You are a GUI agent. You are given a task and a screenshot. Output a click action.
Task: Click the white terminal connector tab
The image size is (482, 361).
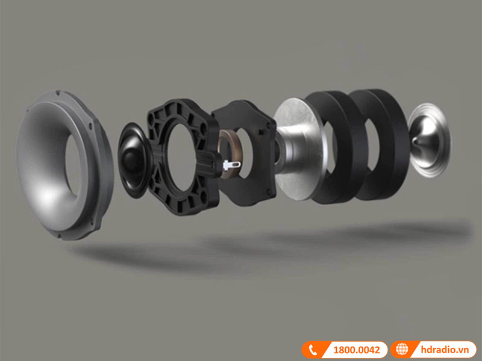tap(231, 165)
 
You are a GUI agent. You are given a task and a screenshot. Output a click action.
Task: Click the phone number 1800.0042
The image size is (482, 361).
tap(357, 350)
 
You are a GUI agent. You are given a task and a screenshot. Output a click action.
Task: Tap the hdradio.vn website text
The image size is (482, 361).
tap(445, 350)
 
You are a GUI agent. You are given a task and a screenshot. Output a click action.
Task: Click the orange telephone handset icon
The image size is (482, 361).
tap(313, 350)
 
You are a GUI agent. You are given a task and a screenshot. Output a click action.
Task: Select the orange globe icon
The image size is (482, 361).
tap(402, 350)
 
